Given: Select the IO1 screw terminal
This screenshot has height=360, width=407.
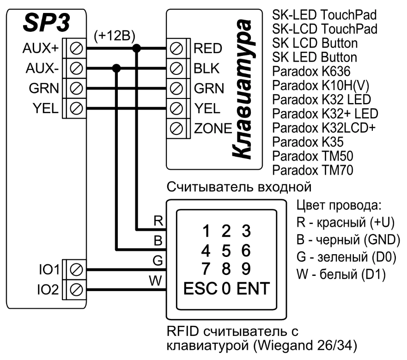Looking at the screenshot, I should (77, 269).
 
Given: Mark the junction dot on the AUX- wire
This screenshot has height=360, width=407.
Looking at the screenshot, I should (117, 68).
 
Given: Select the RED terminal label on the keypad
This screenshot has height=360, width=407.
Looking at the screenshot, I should (208, 48).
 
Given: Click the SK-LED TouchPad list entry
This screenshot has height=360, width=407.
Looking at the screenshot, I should (324, 15).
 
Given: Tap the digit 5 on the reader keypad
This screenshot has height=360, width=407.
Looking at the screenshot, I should (226, 250).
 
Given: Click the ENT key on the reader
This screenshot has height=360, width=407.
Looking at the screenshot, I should (252, 289).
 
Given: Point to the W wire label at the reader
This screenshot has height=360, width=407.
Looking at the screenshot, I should (157, 280).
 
